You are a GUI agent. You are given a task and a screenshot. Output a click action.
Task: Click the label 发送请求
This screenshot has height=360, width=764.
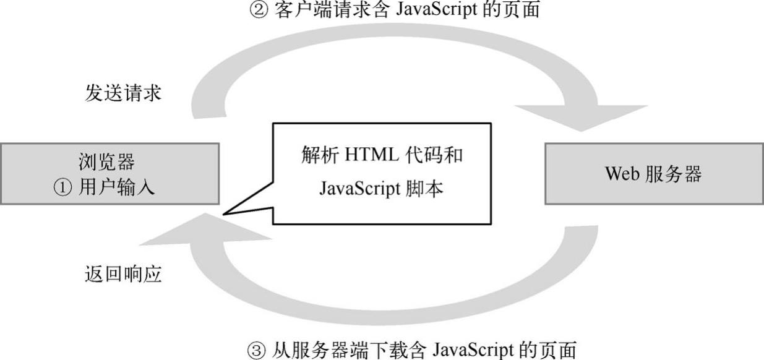[122, 93]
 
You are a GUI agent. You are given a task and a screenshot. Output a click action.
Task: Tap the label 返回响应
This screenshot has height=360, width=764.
[122, 273]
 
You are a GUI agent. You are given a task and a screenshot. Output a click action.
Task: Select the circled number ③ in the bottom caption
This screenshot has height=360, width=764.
[255, 349]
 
